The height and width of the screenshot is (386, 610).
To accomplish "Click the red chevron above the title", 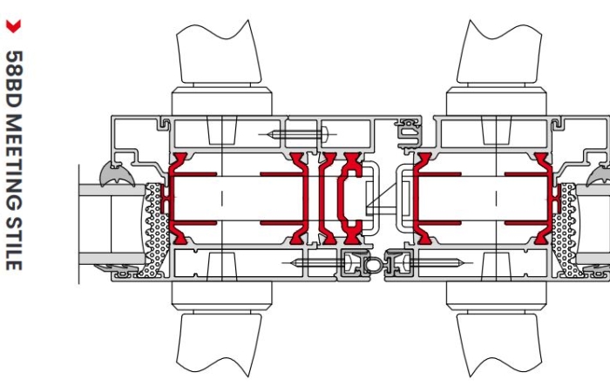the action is [x=13, y=26].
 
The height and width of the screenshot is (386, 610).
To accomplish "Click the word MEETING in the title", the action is [x=14, y=164].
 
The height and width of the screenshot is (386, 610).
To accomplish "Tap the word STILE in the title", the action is [x=14, y=244].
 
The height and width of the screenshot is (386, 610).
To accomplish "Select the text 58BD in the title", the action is [x=15, y=80].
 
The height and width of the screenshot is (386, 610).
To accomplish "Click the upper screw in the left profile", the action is [x=298, y=135].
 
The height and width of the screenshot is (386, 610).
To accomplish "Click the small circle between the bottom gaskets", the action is [x=373, y=265].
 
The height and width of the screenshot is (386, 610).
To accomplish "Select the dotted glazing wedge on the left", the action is [x=155, y=229].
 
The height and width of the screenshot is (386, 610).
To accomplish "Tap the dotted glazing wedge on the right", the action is [x=566, y=229].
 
